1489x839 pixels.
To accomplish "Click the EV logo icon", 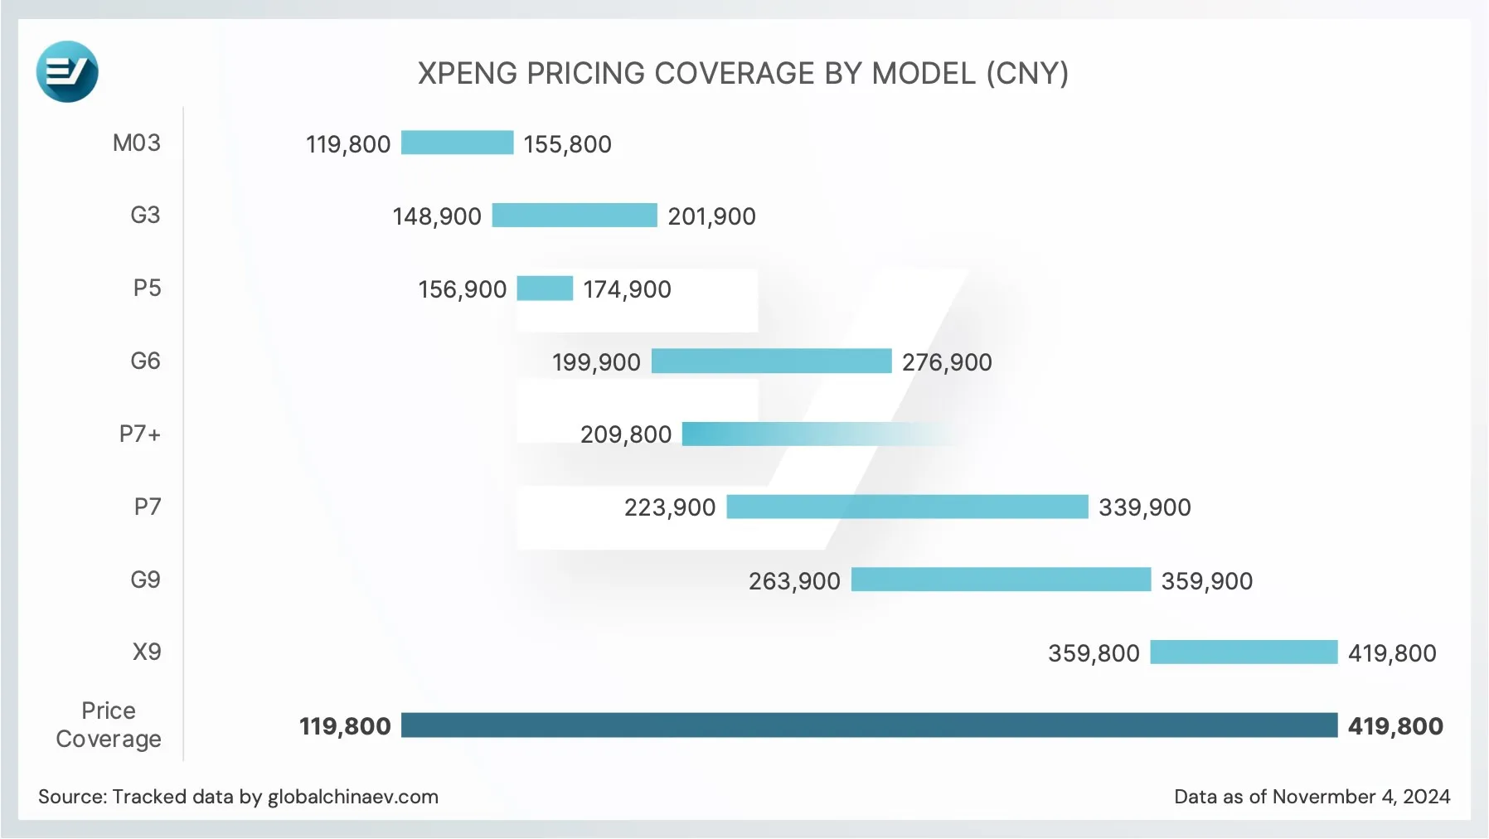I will click(67, 72).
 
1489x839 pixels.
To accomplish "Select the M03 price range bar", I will click(457, 143).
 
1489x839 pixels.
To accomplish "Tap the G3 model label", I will click(145, 216).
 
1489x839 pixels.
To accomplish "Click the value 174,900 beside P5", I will click(627, 289).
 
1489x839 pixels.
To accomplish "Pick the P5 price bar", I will click(545, 289).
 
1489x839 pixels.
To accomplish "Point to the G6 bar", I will click(771, 361).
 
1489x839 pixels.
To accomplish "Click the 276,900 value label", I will click(947, 362).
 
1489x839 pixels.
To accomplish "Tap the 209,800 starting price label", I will click(625, 434).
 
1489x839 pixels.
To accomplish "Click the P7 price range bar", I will click(907, 507).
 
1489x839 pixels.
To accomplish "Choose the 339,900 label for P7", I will click(1144, 507).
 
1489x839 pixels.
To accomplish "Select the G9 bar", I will click(1001, 580).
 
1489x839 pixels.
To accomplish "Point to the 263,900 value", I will click(794, 581).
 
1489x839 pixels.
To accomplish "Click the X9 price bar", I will click(1244, 652).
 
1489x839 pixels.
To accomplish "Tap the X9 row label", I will click(147, 652).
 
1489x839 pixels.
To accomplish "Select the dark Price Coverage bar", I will click(869, 725).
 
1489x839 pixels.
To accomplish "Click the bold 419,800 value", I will click(1394, 726).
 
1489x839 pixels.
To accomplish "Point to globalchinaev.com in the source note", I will click(352, 797).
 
